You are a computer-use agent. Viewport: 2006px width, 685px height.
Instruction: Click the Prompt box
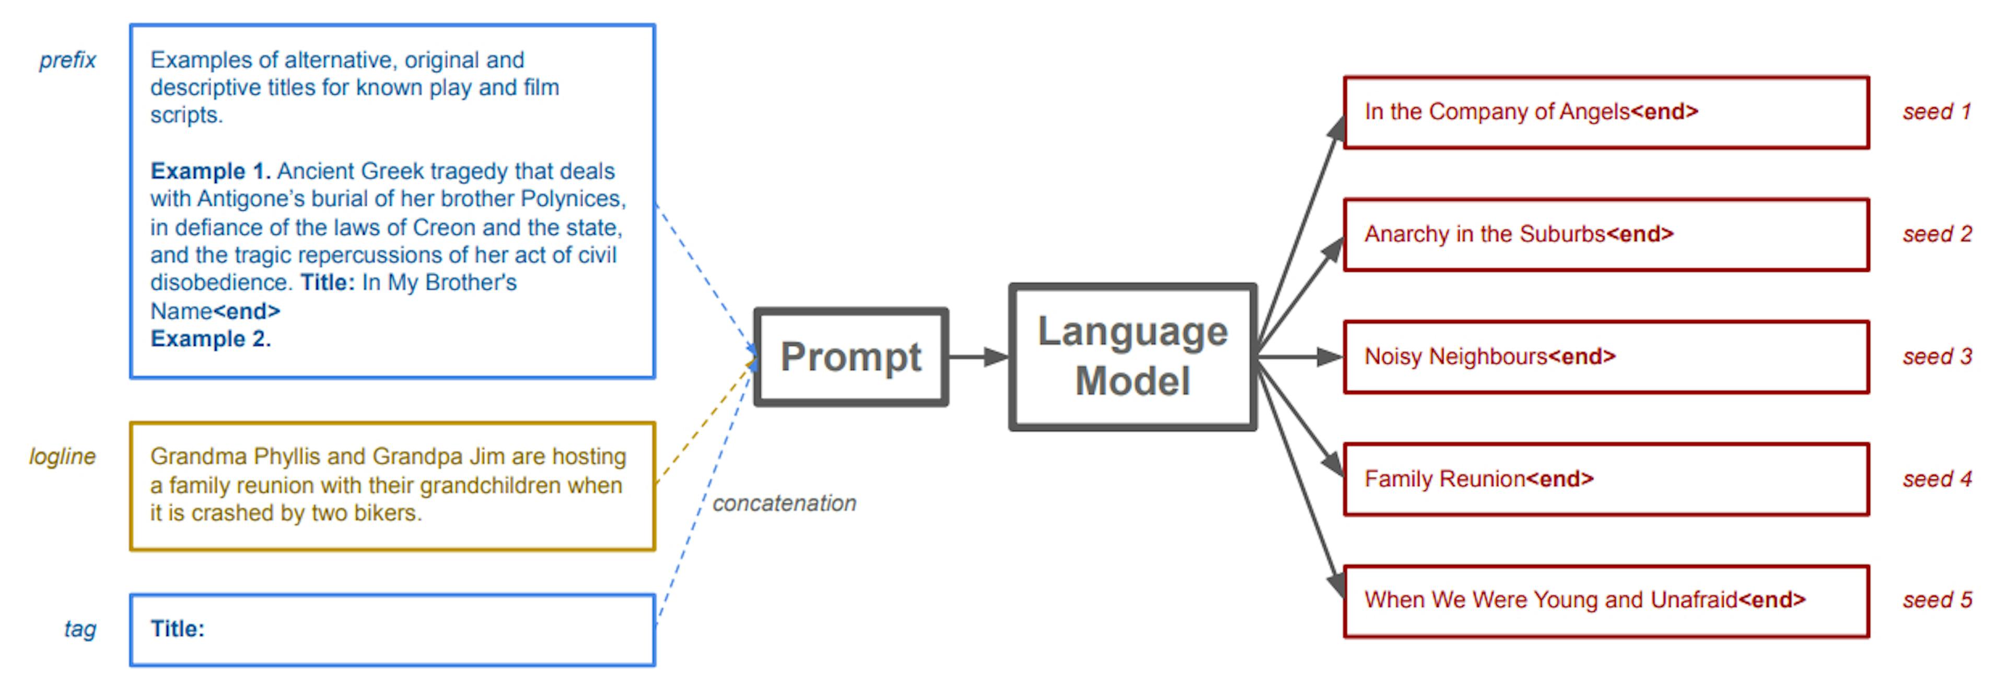coord(850,357)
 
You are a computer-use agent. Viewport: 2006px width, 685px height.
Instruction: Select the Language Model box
coord(1132,357)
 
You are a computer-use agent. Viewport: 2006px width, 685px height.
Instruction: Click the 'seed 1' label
coord(1936,111)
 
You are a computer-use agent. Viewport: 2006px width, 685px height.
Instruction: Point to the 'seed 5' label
coord(1937,600)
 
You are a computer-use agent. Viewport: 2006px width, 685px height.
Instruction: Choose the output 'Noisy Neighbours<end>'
coord(1489,357)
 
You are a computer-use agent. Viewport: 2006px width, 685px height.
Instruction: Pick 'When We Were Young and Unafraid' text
coord(1549,600)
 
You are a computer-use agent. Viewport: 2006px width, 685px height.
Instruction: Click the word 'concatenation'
coord(784,504)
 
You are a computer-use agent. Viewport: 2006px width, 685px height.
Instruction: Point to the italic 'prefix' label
coord(68,60)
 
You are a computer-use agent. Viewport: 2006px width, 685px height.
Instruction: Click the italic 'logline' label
coord(62,456)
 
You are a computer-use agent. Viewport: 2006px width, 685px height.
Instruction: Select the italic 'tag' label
coord(80,629)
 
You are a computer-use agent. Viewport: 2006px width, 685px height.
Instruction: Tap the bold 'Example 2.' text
coord(210,339)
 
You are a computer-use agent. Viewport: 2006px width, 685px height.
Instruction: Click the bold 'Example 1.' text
coord(210,170)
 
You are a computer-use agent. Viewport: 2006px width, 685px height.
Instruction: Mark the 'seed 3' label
coord(1937,357)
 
